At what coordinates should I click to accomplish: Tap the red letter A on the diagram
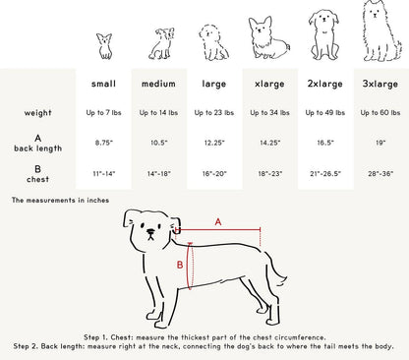point(217,221)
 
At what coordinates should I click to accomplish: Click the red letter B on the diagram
point(179,265)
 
